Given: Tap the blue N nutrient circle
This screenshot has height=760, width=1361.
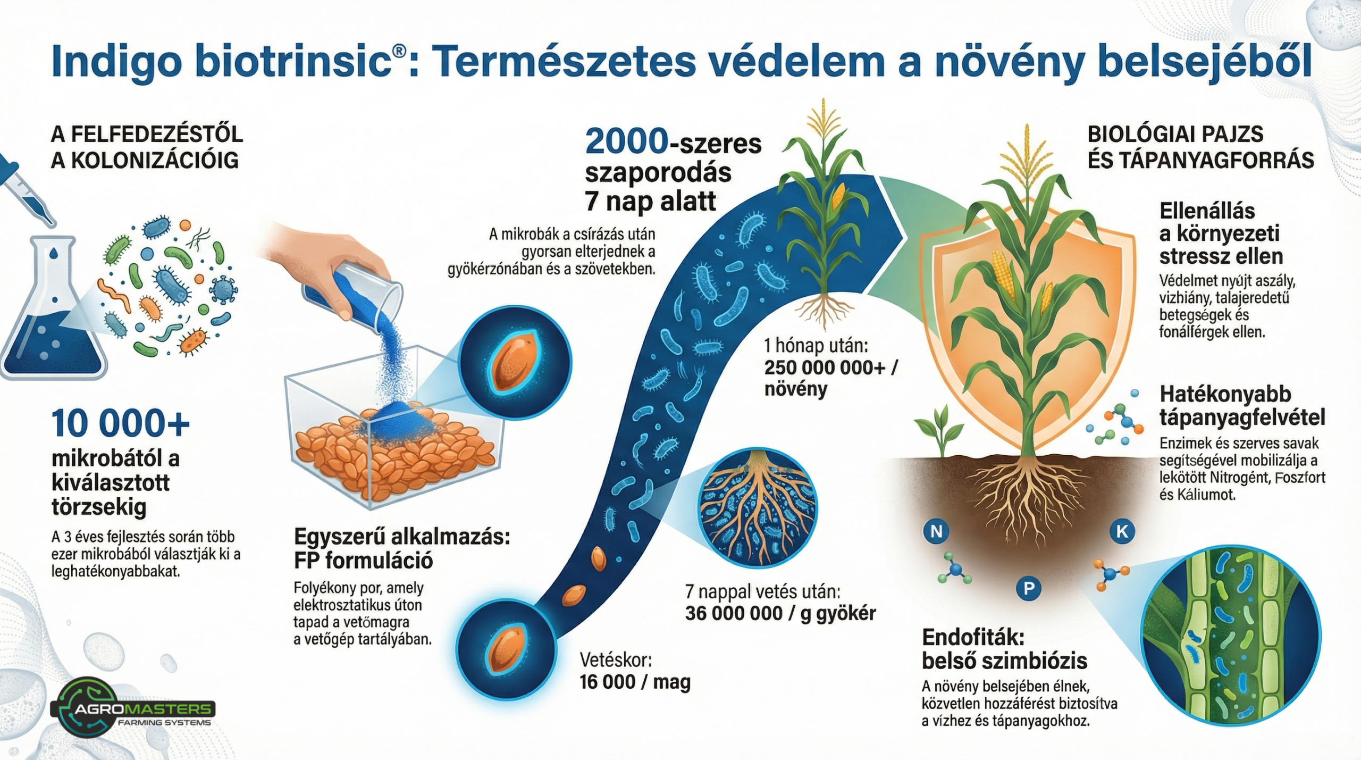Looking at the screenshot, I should (x=937, y=531).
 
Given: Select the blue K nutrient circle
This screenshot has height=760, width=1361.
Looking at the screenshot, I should (x=1122, y=531).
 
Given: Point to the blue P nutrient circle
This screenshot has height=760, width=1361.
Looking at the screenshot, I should (x=1029, y=588).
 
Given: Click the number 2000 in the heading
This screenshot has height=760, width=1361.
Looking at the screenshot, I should (x=626, y=143).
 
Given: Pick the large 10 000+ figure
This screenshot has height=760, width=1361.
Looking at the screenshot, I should (x=121, y=423).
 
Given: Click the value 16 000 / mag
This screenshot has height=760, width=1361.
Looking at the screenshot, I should (x=635, y=682).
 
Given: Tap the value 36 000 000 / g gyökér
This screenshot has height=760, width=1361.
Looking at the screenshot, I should (x=780, y=613).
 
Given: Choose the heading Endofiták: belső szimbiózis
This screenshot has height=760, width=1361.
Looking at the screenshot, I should (x=1004, y=649).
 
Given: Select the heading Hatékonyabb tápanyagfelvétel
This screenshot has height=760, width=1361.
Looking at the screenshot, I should (x=1241, y=406).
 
